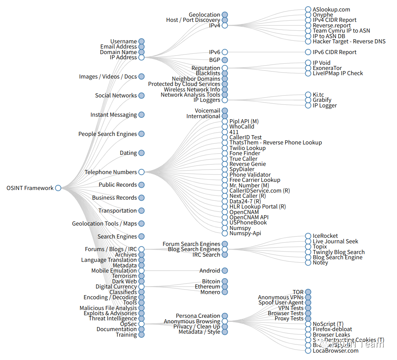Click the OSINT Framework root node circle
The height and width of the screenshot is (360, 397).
pos(58,188)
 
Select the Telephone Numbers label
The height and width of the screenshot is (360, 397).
pos(111,172)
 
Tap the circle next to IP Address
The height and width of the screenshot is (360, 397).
pos(141,57)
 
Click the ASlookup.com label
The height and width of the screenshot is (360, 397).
pos(331,10)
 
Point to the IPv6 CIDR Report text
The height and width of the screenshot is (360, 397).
pos(334,52)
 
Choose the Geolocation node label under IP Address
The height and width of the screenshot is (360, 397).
pos(204,15)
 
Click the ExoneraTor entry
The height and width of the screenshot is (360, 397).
pos(327,68)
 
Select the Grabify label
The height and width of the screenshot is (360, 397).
pos(322,100)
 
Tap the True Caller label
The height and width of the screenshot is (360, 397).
pos(243,159)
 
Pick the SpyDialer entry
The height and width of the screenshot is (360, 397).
pos(242,169)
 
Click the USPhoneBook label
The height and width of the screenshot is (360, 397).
pos(248,223)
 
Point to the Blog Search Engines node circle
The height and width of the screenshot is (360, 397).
pos(225,249)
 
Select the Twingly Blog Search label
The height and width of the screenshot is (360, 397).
pos(338,252)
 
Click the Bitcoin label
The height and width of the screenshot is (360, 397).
pos(211,281)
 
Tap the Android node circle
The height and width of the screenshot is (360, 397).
pos(225,271)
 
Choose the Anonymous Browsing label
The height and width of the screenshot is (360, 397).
pos(192,321)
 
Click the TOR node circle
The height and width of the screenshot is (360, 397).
pos(308,292)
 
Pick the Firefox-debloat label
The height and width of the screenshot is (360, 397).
pos(332,329)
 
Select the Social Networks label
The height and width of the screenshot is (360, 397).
pos(116,96)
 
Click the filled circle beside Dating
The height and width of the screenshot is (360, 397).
pos(141,153)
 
